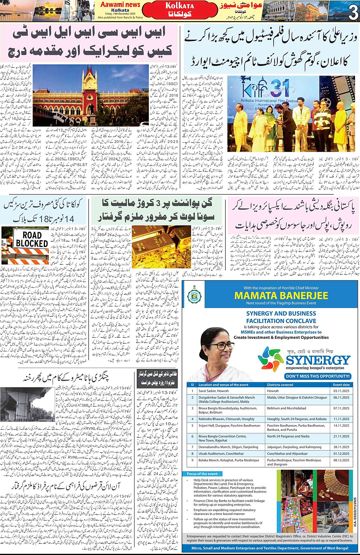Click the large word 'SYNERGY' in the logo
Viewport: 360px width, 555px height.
[x=318, y=360]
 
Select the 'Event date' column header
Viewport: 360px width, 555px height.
[x=341, y=385]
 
